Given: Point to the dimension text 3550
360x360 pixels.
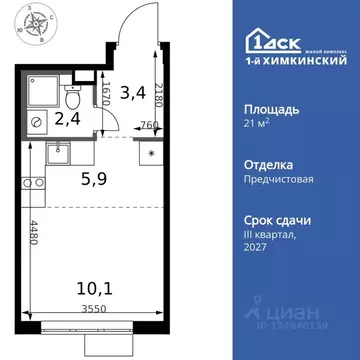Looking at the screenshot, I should [92, 309].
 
